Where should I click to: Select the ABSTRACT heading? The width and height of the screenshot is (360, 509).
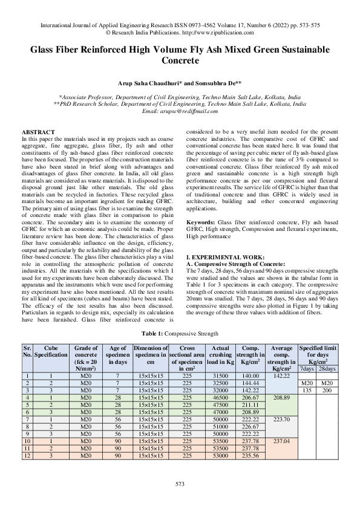point(38,132)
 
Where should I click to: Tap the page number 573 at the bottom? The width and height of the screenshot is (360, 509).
point(180,484)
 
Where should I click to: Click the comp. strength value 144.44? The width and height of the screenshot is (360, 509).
point(249,383)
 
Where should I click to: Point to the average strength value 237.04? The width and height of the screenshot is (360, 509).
point(283,441)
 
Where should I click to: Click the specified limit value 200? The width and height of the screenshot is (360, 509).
point(327,391)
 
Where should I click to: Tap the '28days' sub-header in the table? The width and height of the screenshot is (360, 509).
point(327,369)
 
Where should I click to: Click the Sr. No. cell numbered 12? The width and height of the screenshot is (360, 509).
point(27,455)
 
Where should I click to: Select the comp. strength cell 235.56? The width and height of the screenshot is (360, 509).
point(249,455)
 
